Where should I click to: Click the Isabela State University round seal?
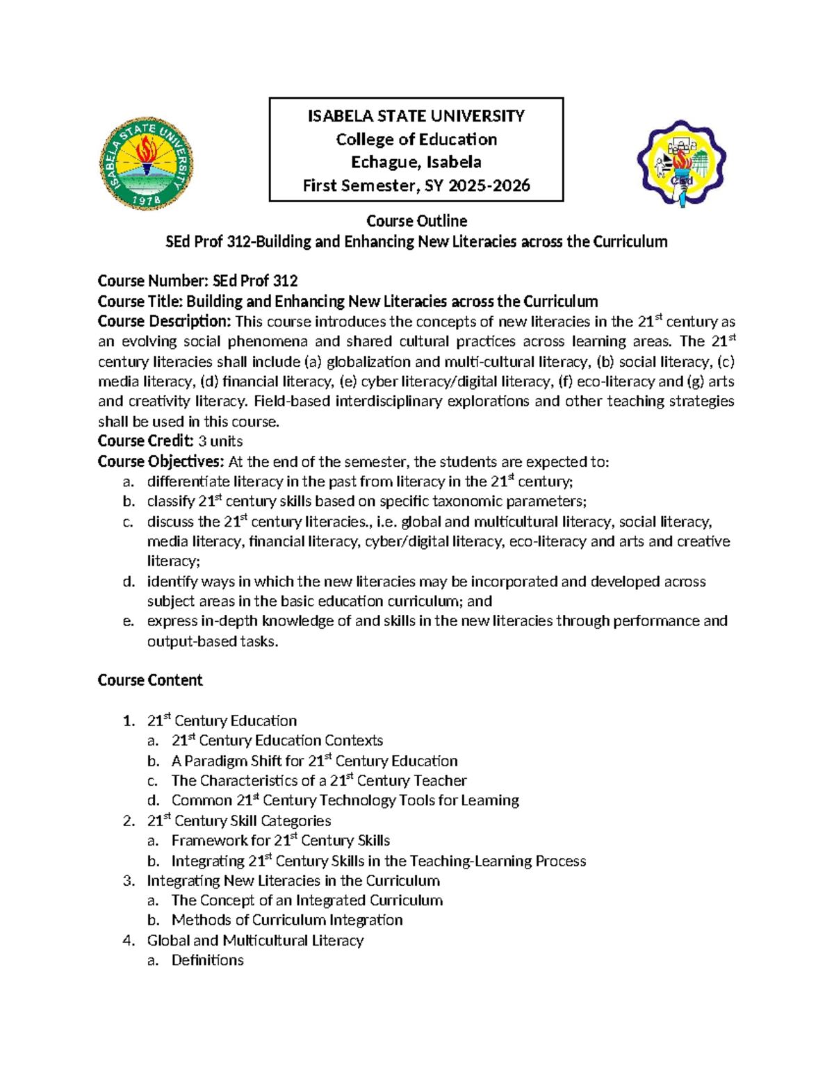click(147, 163)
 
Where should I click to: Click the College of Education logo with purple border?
click(681, 163)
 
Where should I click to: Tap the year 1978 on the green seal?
click(147, 199)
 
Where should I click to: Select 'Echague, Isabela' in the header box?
click(416, 162)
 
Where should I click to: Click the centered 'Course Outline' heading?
click(416, 221)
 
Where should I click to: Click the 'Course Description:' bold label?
click(164, 321)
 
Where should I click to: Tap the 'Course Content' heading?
click(150, 680)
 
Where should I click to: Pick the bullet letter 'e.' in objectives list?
click(128, 621)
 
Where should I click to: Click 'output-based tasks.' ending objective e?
click(213, 641)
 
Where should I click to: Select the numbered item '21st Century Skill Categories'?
click(239, 821)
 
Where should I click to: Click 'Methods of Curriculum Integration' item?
click(287, 920)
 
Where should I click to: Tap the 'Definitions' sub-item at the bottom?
click(208, 960)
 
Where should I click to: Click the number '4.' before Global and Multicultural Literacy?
click(128, 940)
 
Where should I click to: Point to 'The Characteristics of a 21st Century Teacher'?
click(319, 780)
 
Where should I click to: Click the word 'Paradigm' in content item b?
click(216, 761)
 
